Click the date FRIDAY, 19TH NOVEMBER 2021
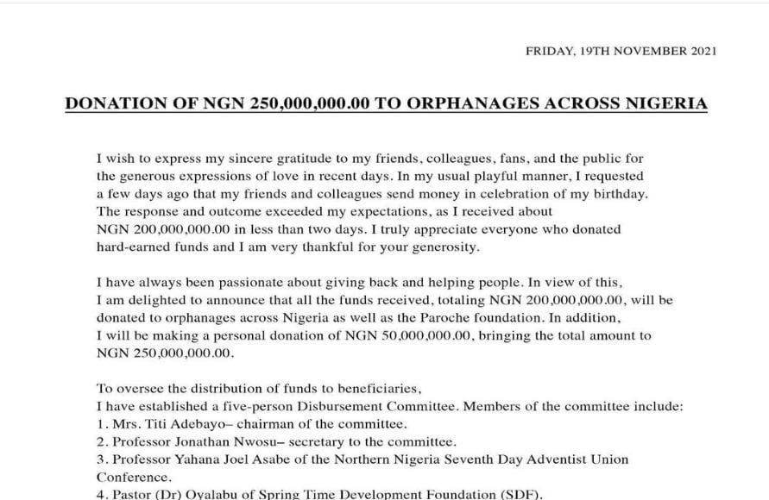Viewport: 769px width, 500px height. (x=620, y=51)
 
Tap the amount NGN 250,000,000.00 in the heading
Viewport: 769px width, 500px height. (x=299, y=104)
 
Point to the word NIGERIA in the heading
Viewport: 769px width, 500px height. (x=663, y=104)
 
